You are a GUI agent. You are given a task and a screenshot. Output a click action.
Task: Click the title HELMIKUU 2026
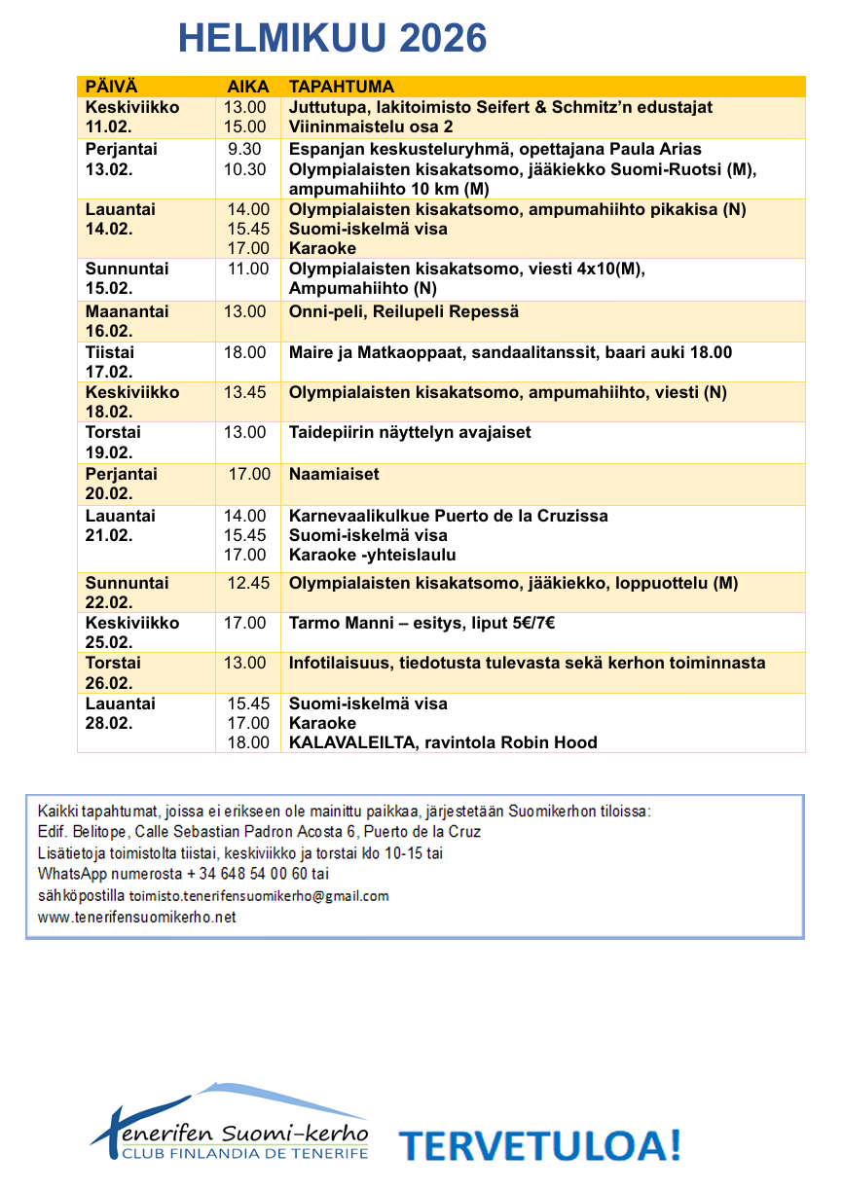[332, 39]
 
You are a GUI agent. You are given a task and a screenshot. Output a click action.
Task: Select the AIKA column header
[246, 87]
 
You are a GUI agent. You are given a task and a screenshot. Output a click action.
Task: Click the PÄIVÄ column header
[112, 87]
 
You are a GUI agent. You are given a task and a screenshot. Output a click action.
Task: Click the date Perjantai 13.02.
[122, 160]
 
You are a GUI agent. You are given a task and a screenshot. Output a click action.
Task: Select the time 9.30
[244, 150]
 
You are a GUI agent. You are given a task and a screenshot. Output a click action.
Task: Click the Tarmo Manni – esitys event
[421, 624]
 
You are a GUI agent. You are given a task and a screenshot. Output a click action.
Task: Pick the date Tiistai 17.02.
[110, 362]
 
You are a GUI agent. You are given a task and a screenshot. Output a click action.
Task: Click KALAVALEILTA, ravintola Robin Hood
[443, 742]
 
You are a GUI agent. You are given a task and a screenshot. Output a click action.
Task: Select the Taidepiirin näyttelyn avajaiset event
[410, 432]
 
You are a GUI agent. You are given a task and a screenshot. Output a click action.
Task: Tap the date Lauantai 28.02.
[121, 713]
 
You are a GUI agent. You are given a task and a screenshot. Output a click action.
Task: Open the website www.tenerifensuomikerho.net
[137, 917]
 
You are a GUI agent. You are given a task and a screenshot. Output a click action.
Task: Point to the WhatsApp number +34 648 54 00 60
[245, 874]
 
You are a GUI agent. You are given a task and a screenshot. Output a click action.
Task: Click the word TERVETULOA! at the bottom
[539, 1145]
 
